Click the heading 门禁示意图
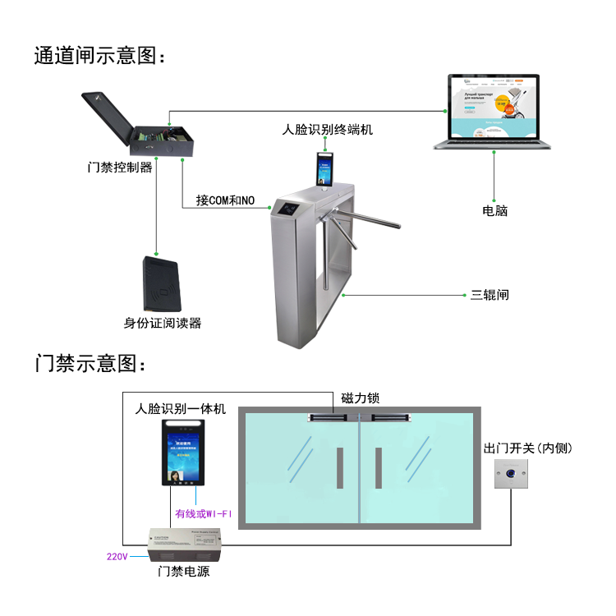[89, 364]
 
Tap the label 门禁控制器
[120, 168]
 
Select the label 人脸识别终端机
[328, 130]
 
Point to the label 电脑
[494, 211]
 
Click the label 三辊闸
[490, 294]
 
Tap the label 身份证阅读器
[163, 323]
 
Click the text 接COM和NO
[225, 200]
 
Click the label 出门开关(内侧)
[527, 448]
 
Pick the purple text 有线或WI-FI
[204, 514]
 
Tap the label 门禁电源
[184, 572]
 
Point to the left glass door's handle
[339, 469]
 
